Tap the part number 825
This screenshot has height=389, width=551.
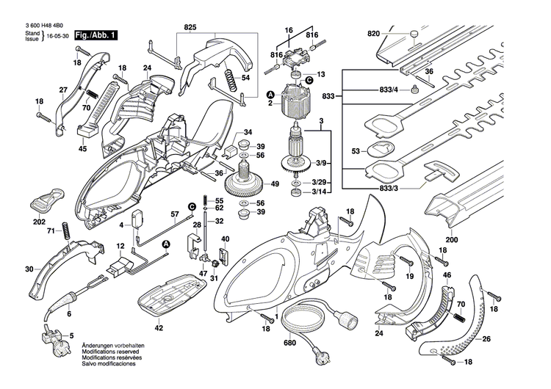pos(191,27)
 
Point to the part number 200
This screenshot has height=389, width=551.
pos(450,240)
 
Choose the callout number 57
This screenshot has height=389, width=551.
pos(175,214)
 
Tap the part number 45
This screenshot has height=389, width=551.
pos(82,149)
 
